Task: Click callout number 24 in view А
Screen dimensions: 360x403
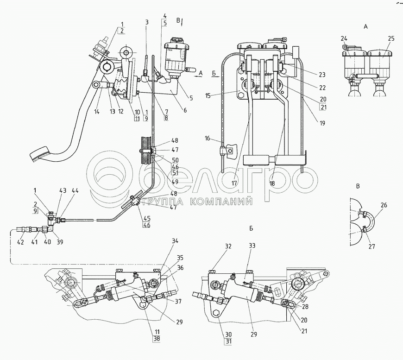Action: [x=344, y=39]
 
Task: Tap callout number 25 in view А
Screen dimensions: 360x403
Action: [x=391, y=39]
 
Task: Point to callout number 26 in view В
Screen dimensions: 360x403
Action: [x=384, y=205]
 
